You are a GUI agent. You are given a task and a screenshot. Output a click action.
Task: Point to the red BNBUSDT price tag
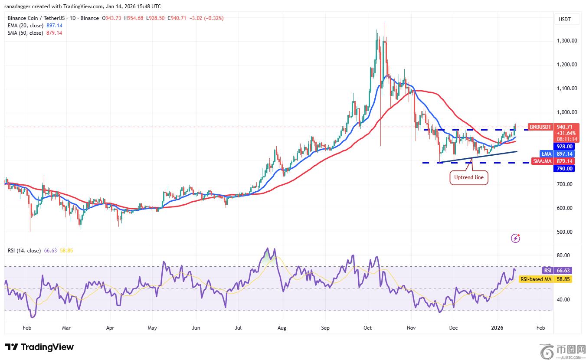coord(540,127)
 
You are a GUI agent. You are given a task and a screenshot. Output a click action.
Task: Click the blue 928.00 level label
coord(563,147)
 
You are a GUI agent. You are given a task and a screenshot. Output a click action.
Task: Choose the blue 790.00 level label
coord(563,169)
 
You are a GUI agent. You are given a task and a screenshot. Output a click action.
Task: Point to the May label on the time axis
coord(152,328)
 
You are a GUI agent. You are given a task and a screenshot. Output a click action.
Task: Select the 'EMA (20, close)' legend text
coord(26,26)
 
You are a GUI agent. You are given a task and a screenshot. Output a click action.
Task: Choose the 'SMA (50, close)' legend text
coord(26,33)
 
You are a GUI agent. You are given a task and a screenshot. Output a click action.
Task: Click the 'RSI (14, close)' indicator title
coord(24,251)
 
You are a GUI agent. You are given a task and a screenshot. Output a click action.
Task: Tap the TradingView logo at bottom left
coord(39,347)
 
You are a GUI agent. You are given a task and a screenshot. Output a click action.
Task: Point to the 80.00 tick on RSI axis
coord(564,255)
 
